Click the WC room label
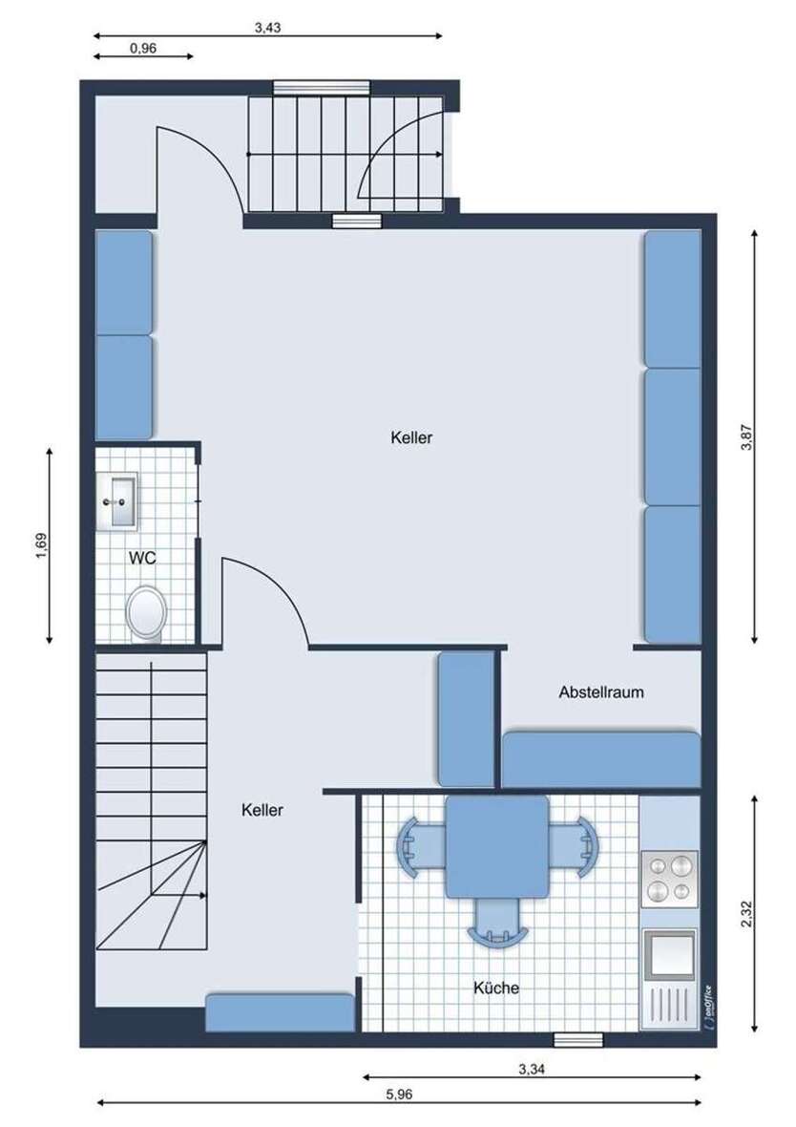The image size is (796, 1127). click(142, 558)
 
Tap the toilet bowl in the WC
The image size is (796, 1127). click(146, 613)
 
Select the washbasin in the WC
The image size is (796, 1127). click(118, 500)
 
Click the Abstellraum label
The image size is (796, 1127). click(601, 692)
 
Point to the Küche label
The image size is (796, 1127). click(495, 988)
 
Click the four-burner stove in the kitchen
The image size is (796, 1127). click(669, 879)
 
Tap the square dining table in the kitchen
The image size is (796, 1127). click(497, 847)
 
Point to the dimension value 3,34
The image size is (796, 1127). click(532, 1069)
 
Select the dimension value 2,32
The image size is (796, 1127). click(747, 913)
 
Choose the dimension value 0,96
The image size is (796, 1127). click(143, 49)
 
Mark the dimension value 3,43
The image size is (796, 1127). click(267, 28)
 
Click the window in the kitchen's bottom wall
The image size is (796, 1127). click(578, 1039)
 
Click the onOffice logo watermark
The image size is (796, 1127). click(708, 1008)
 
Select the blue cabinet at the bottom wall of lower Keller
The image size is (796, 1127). click(281, 1012)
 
